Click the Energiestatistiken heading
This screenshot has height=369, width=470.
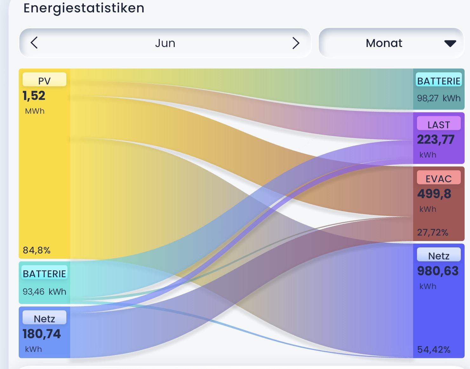(x=84, y=8)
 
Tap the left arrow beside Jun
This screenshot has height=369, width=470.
(x=34, y=43)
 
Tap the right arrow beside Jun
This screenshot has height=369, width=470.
(x=296, y=43)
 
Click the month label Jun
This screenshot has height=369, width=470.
(x=165, y=43)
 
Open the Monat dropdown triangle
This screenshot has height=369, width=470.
(x=450, y=44)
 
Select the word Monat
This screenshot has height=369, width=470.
(x=384, y=43)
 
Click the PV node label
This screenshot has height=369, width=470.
(x=44, y=81)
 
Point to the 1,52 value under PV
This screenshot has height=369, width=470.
(x=34, y=96)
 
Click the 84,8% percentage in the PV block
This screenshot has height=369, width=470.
(x=37, y=250)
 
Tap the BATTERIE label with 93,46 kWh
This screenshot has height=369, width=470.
(x=44, y=274)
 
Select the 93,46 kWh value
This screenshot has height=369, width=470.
(x=44, y=292)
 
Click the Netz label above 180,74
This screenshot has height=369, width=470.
(x=44, y=319)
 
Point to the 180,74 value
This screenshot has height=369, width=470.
(x=42, y=334)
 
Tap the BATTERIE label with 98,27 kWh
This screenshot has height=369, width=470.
(x=439, y=81)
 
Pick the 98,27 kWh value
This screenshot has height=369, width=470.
(x=439, y=98)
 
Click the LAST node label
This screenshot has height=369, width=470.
(x=439, y=125)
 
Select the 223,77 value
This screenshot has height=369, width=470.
(x=436, y=139)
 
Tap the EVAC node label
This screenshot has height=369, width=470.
(x=439, y=179)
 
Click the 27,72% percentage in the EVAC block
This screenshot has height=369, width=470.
(x=433, y=232)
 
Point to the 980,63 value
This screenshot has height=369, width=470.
(x=438, y=271)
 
